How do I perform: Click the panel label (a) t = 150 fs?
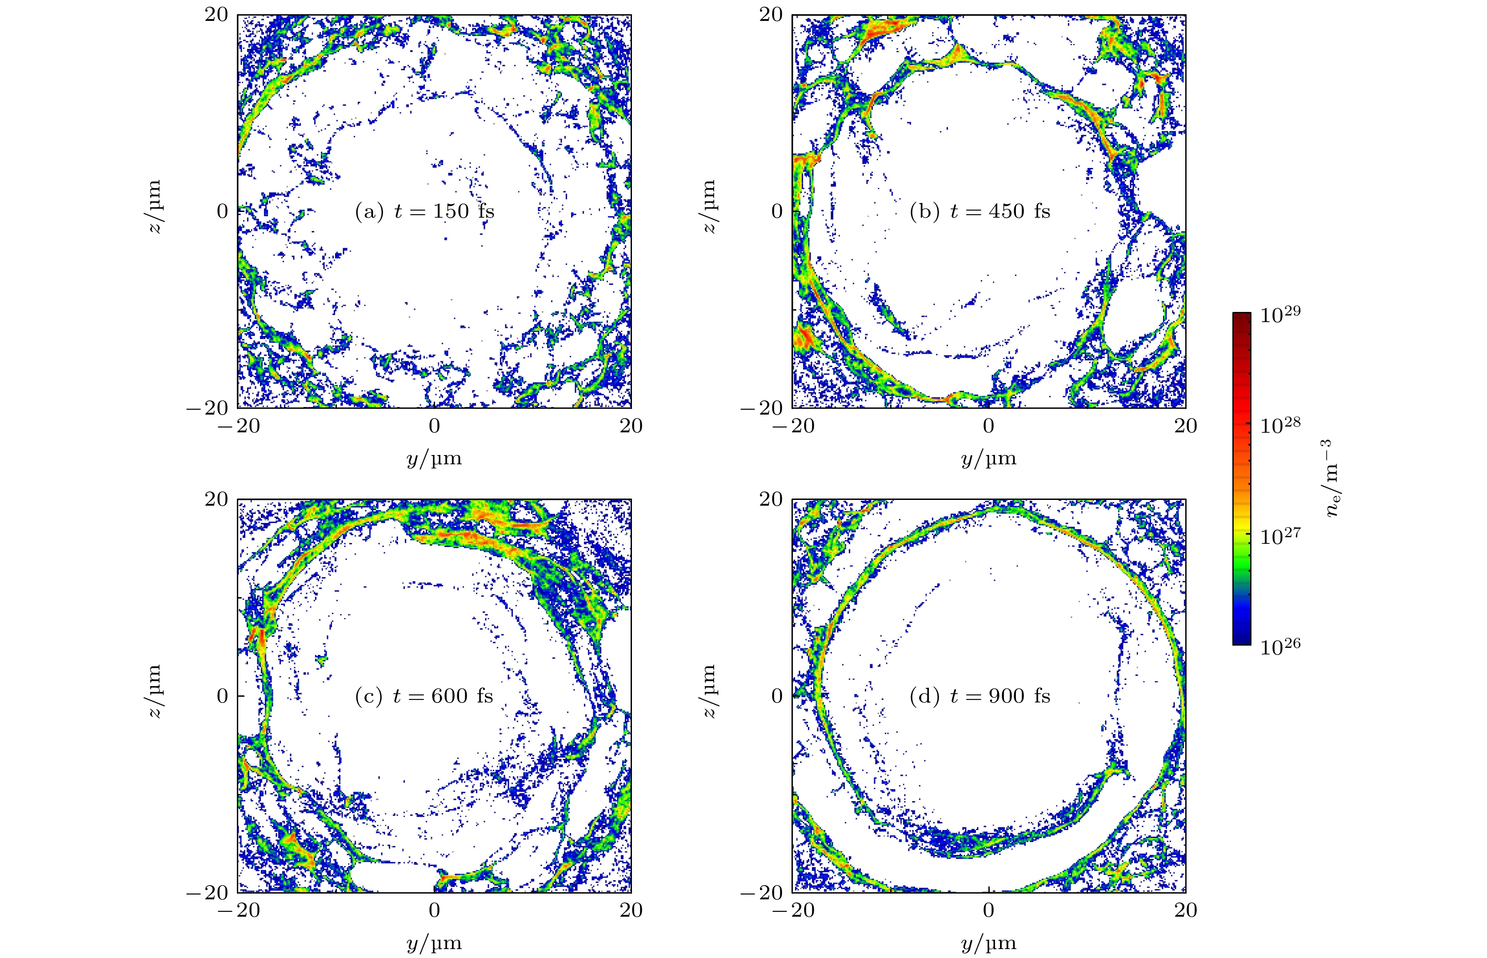pos(424,212)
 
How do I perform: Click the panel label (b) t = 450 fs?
pos(979,212)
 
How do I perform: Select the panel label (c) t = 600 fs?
pos(424,695)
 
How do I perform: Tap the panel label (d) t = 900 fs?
pos(979,695)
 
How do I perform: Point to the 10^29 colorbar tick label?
pos(1280,315)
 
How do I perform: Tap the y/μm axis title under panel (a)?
pos(434,459)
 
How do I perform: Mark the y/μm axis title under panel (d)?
pos(989,943)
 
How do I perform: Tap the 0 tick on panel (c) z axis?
pos(223,695)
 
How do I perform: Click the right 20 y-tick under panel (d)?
pos(1185,910)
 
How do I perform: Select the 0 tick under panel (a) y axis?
pos(434,426)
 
